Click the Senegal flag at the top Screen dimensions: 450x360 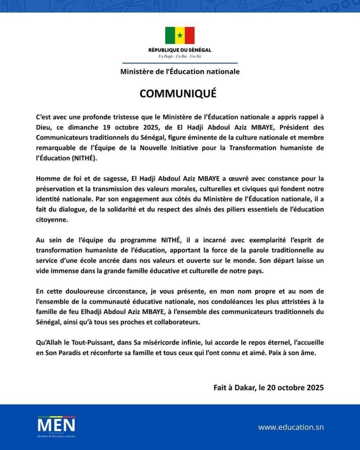tap(180, 35)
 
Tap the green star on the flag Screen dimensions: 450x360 tap(180, 35)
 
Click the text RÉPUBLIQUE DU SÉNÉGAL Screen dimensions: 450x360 tap(180, 50)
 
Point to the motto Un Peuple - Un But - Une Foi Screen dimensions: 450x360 tap(180, 56)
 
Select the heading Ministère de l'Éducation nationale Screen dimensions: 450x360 tap(180, 72)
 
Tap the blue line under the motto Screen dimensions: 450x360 tap(180, 63)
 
